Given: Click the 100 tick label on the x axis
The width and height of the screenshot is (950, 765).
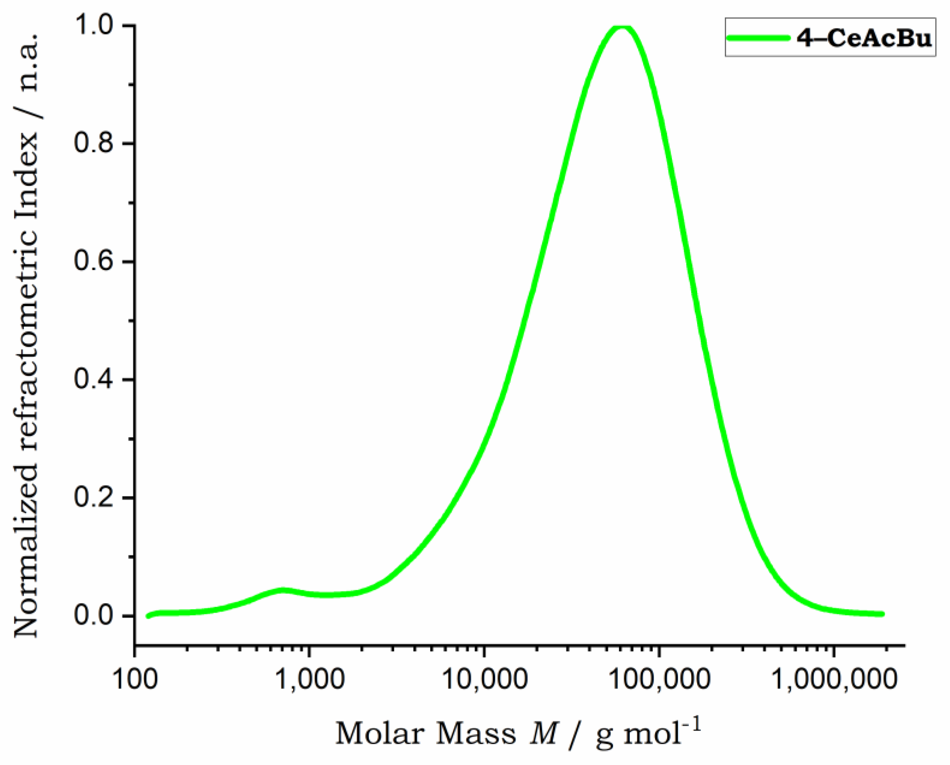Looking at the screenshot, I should (135, 680).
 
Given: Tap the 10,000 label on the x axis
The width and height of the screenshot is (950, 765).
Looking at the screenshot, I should (484, 680).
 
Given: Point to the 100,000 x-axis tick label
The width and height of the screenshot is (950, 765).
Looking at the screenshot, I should (659, 680).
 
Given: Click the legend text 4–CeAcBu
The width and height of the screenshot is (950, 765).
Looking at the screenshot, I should (865, 38).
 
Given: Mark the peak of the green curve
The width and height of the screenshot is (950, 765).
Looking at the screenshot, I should (622, 27).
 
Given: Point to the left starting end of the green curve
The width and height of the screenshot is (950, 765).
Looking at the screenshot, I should (149, 616).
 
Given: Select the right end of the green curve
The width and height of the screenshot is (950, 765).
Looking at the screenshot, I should (883, 614).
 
